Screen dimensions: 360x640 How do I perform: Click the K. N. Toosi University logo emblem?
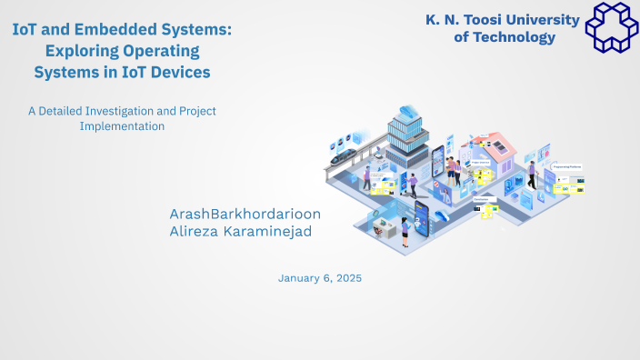tap(612, 25)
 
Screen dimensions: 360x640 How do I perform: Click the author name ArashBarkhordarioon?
tap(245, 214)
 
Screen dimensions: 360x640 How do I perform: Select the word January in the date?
tap(301, 278)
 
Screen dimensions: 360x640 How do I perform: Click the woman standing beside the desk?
tap(405, 229)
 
